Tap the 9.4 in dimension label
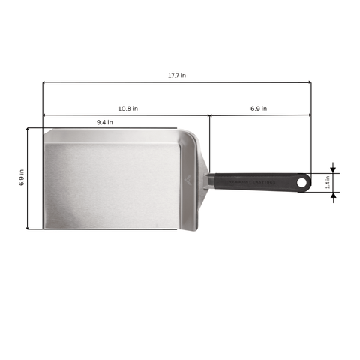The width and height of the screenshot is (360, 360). click(105, 122)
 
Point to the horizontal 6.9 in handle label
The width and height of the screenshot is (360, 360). click(259, 108)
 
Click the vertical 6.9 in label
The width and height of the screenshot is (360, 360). click(22, 178)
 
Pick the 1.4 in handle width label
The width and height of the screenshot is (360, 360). click(327, 183)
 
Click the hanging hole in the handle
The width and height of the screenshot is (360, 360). click(302, 182)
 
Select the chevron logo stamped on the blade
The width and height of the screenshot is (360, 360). click(188, 180)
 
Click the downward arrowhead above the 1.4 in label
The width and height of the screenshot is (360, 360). click(334, 169)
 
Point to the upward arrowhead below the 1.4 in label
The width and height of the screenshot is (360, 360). click(334, 196)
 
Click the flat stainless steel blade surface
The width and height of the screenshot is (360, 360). click(112, 180)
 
